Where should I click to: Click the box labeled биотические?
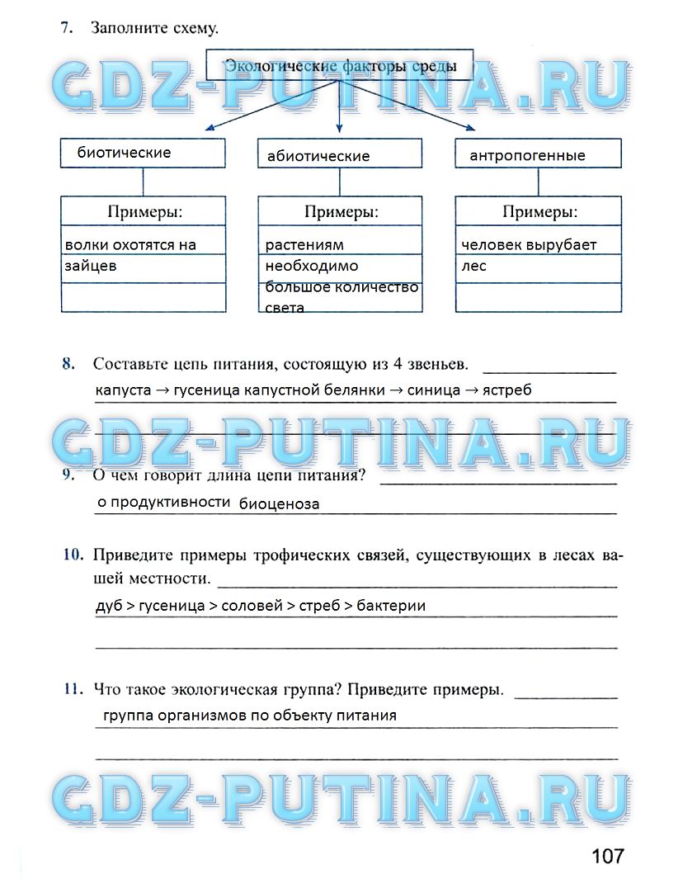(143, 154)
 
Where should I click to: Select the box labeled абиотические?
(340, 154)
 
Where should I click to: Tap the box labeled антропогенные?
(539, 154)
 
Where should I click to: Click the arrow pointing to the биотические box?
(210, 128)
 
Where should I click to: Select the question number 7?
(65, 29)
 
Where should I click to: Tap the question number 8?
(68, 363)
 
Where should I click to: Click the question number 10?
(72, 555)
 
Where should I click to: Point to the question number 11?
(72, 688)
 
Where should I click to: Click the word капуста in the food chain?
(123, 390)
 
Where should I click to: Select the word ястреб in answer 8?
(508, 390)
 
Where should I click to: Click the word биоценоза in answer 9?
(279, 503)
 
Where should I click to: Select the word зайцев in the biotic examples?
(91, 266)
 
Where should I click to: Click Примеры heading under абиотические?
(341, 212)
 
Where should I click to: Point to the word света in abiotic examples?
(285, 307)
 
